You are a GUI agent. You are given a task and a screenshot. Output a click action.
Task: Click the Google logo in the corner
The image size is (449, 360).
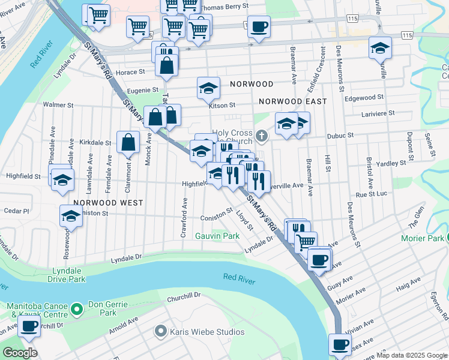point(19,353)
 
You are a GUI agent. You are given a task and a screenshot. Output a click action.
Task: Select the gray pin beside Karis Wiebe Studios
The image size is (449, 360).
point(160,331)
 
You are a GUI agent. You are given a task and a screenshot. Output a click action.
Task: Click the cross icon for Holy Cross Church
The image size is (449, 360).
point(261,135)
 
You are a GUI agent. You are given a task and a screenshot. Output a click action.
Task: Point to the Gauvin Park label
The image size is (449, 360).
point(217,236)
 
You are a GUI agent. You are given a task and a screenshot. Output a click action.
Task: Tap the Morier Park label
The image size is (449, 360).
point(423,238)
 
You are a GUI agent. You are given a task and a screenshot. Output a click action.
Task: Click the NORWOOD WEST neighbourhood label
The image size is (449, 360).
point(109,203)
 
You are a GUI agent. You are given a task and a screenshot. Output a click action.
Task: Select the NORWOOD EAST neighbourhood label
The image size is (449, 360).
point(292,101)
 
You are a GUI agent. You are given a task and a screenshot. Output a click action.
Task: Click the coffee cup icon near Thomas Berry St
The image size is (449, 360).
point(259,26)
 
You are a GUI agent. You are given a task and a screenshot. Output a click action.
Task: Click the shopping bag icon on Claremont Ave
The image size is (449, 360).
point(128,142)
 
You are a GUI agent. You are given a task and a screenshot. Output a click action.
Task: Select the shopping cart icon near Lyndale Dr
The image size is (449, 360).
point(306,241)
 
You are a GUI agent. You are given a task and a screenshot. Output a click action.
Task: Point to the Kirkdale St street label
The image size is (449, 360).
point(95,143)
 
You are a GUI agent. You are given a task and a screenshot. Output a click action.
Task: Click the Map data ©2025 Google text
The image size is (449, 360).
point(411,355)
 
